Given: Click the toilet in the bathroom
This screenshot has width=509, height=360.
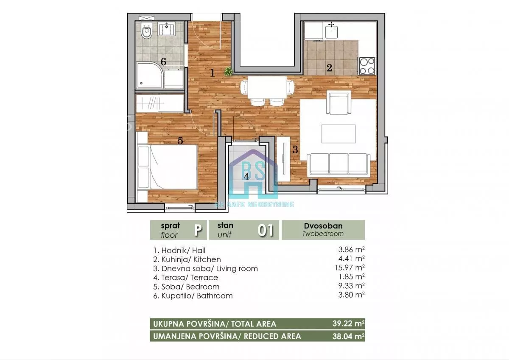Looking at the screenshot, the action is pyautogui.click(x=147, y=31).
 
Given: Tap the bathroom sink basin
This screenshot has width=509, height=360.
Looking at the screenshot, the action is pyautogui.click(x=167, y=28).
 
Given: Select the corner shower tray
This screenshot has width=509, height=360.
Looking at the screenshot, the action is pyautogui.click(x=150, y=75).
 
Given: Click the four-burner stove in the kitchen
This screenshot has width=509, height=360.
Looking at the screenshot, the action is pyautogui.click(x=367, y=66).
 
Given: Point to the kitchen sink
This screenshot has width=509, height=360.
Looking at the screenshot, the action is pyautogui.click(x=331, y=31).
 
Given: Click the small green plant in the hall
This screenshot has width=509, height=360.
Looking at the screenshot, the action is pyautogui.click(x=228, y=71).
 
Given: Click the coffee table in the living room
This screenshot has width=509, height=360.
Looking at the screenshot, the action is pyautogui.click(x=338, y=134).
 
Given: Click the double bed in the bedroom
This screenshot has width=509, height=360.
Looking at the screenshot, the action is pyautogui.click(x=167, y=167).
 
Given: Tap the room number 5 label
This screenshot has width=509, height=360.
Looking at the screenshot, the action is pyautogui.click(x=180, y=141).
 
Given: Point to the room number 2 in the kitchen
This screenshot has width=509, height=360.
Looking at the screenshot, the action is pyautogui.click(x=329, y=68).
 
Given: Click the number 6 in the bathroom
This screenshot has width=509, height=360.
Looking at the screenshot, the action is pyautogui.click(x=163, y=62).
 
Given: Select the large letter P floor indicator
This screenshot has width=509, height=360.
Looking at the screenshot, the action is pyautogui.click(x=198, y=230).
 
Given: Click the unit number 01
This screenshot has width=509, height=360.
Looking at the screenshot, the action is pyautogui.click(x=266, y=230).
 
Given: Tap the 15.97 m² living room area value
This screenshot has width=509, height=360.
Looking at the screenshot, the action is pyautogui.click(x=350, y=268).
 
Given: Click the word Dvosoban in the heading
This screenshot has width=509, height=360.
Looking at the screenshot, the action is pyautogui.click(x=323, y=226).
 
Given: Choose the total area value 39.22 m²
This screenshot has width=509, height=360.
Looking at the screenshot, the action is pyautogui.click(x=349, y=323).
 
